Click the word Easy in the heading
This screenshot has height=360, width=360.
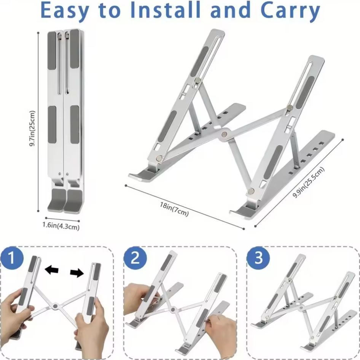pos(65,11)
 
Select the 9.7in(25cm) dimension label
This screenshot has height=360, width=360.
pos(32,128)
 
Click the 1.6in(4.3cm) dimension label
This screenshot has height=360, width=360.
pos(61,226)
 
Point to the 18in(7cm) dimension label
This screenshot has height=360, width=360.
pos(174,209)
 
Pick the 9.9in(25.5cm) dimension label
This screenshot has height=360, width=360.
pos(309,182)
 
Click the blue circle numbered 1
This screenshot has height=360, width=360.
pos(12,258)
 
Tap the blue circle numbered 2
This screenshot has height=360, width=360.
pos(135,258)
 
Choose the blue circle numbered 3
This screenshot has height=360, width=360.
pos(258,258)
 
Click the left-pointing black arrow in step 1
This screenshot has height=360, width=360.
pos(51,270)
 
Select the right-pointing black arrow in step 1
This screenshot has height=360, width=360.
pos(77,273)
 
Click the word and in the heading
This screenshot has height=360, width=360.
pos(230,10)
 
